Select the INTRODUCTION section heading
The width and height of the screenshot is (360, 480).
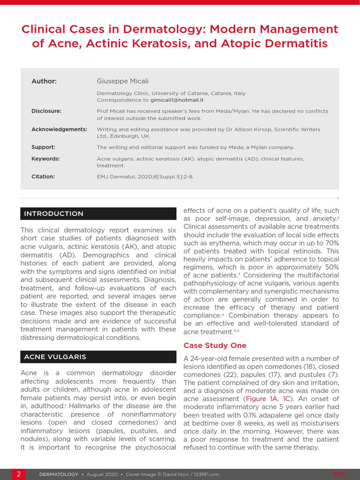tap(54, 214)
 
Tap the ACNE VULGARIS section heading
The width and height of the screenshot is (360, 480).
tap(55, 357)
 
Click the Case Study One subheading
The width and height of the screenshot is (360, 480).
tap(215, 345)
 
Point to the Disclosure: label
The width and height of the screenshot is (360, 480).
tap(46, 111)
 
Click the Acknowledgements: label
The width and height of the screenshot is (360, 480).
tap(59, 129)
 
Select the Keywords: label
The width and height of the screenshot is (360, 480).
tap(45, 159)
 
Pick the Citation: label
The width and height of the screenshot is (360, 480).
tap(43, 177)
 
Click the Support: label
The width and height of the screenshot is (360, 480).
tap(43, 147)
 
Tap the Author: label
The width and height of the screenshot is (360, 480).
tap(44, 81)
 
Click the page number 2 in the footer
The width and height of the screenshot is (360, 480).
tap(18, 474)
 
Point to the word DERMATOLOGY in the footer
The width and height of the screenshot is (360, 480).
tap(59, 474)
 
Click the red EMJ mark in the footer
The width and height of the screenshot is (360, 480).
tap(339, 474)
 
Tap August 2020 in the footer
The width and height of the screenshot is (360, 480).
tap(102, 474)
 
